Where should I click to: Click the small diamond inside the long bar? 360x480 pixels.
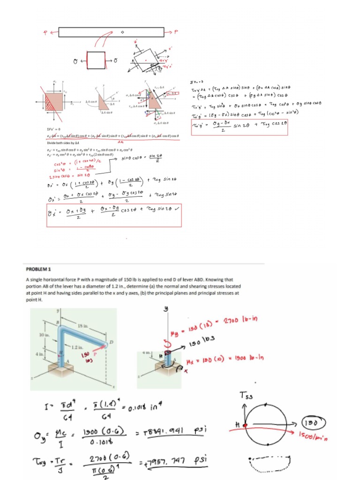coord(122,32)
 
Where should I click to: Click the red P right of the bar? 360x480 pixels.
coord(176,32)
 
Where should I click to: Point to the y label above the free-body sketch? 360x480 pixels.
coord(165,309)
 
